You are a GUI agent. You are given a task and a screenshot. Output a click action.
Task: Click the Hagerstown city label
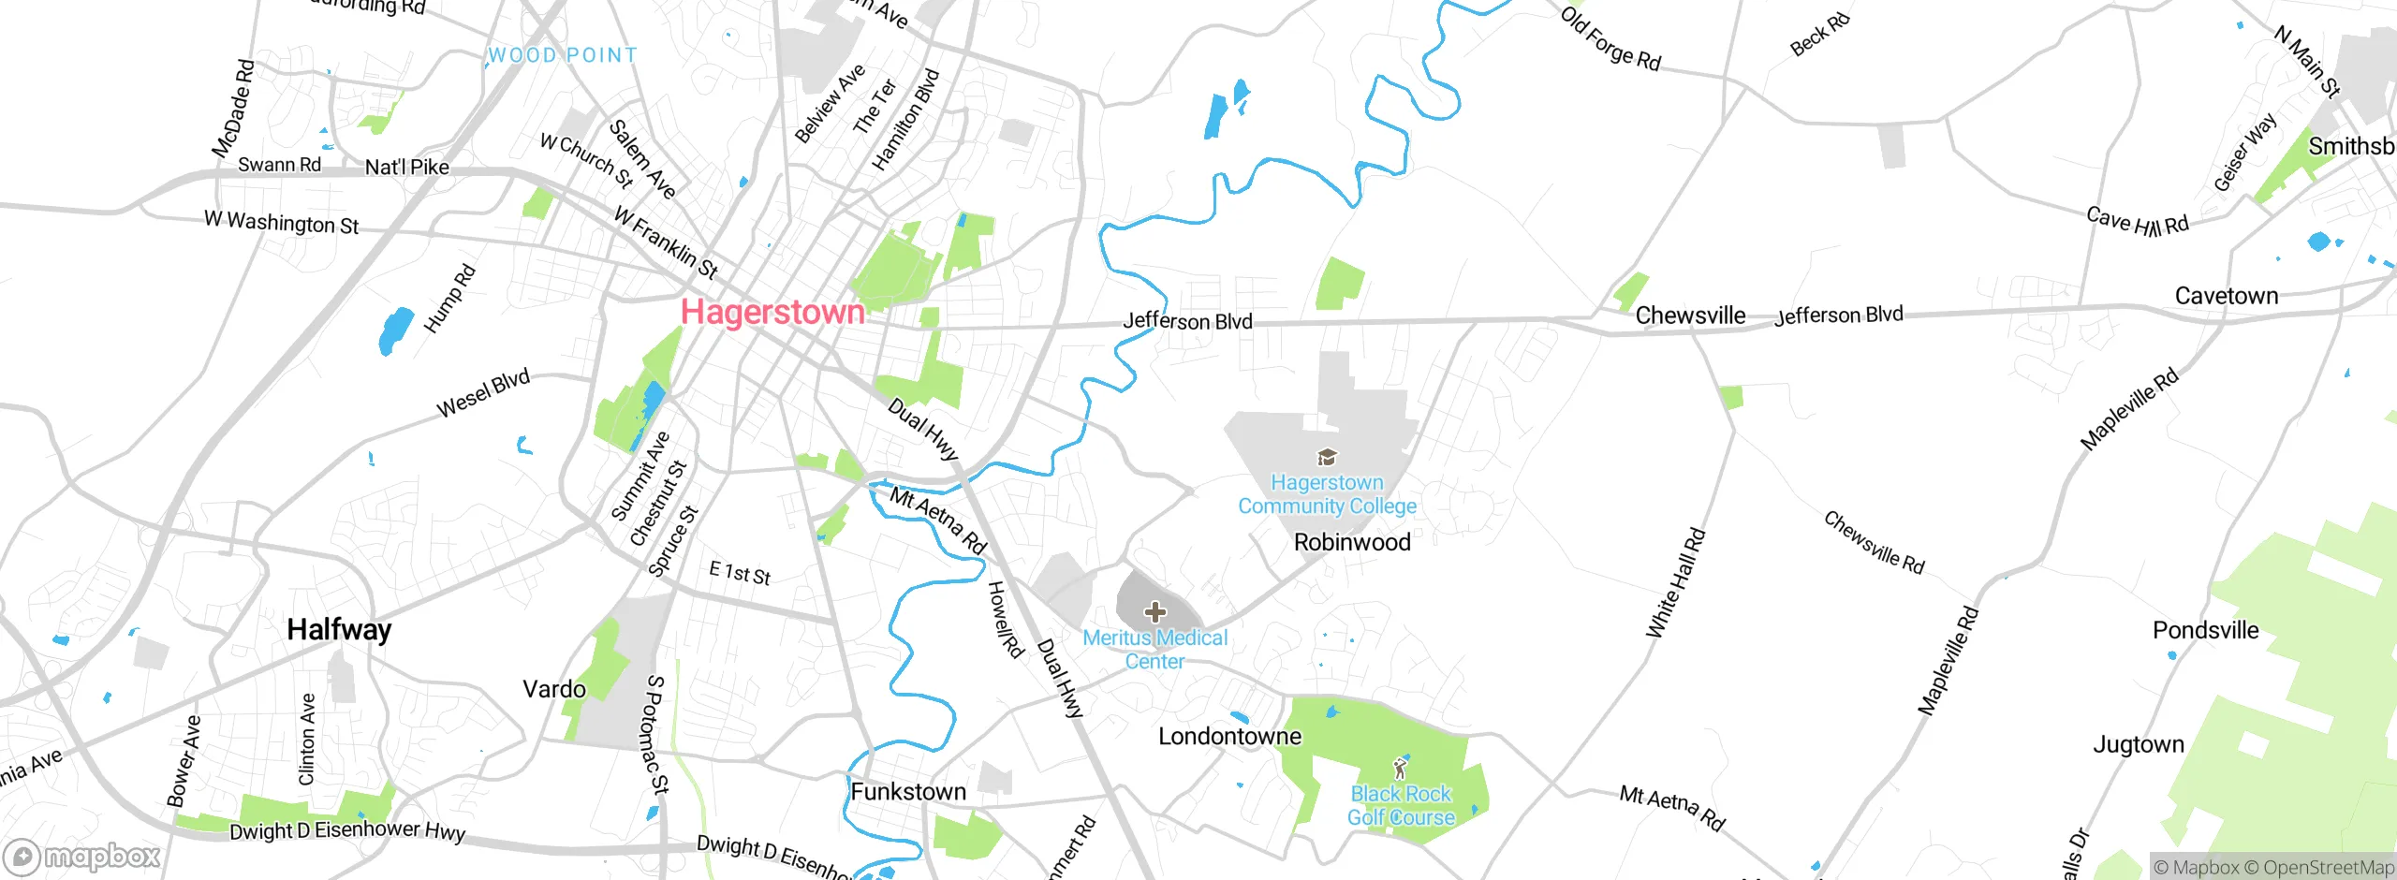coord(772,312)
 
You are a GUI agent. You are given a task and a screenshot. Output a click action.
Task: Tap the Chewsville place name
coord(1690,315)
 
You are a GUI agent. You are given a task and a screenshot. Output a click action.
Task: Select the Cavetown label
coord(2226,296)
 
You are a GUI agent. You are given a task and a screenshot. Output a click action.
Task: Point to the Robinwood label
coord(1351,542)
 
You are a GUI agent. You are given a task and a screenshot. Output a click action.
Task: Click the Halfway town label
coord(339,629)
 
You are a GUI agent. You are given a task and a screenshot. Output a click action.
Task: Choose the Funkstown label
coord(907,792)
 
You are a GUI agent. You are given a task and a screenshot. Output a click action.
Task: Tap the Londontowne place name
coord(1229,737)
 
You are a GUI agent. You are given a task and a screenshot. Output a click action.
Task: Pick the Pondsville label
coord(2205,630)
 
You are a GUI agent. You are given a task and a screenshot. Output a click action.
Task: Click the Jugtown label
coord(2138,745)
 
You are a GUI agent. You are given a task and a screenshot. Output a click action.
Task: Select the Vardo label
coord(554,690)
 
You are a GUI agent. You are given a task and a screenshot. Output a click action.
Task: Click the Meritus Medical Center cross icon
coord(1155,612)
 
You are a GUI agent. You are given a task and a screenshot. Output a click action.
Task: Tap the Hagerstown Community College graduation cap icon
coord(1327,458)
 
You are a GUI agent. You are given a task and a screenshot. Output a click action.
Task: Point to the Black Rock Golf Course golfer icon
coord(1400,769)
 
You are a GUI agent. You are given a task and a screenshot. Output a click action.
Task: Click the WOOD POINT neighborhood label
coord(563,55)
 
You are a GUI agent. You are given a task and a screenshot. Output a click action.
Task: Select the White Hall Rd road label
coord(1676,584)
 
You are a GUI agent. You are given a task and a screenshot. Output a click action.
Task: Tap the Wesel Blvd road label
coord(483,393)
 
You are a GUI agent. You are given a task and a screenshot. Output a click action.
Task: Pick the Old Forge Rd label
coord(1610,38)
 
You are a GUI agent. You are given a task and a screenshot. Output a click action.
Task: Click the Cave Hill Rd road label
coord(2138,222)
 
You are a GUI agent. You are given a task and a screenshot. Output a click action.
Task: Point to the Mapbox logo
coord(82,857)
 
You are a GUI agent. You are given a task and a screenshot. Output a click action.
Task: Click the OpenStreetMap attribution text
coord(2328,868)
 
